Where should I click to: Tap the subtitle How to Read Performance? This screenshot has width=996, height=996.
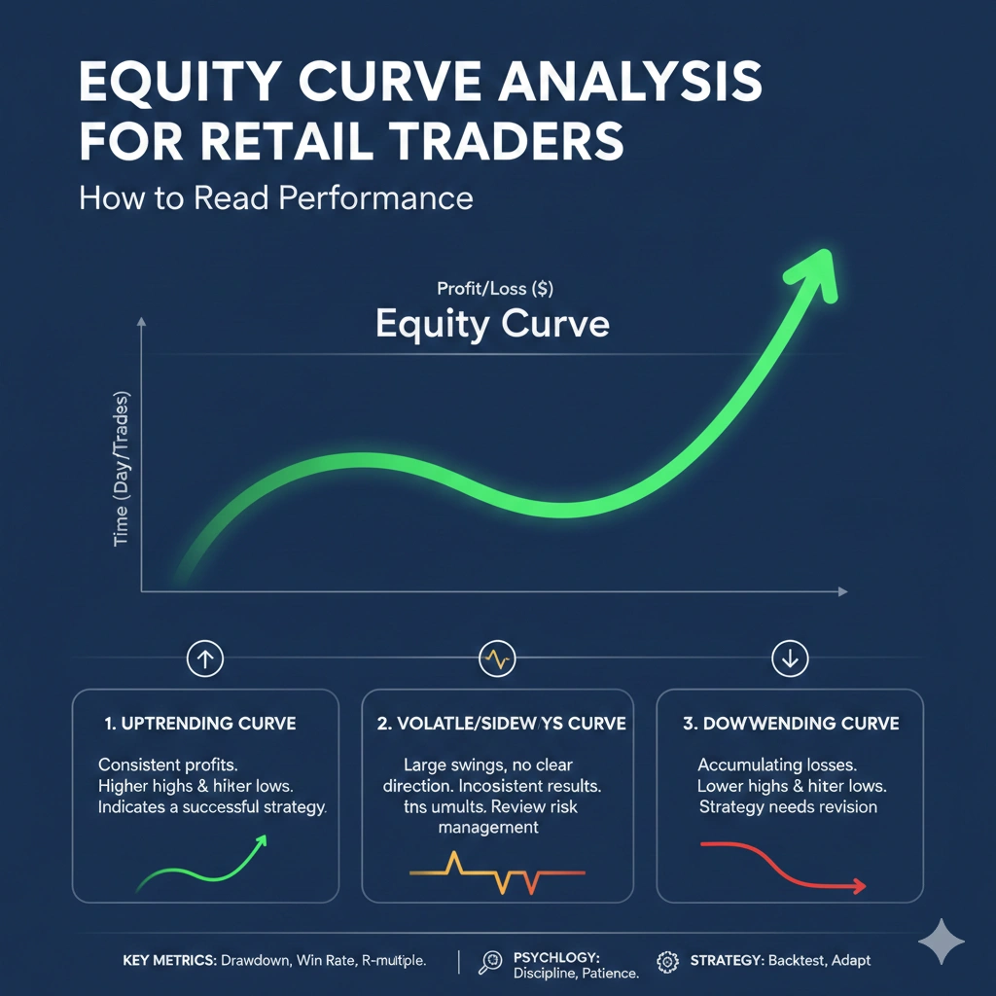pos(275,197)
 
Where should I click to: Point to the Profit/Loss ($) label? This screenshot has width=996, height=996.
pos(496,288)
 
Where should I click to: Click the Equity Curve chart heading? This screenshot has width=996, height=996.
pos(492,323)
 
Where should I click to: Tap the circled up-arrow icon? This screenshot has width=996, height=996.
pos(205,659)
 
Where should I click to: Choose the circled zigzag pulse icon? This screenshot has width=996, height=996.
pos(496,659)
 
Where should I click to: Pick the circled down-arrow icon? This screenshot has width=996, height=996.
pos(789,659)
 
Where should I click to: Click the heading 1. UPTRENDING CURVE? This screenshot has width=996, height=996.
pos(200,724)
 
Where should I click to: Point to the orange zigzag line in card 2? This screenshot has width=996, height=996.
pos(496,872)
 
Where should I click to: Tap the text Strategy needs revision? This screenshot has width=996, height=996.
pos(788,807)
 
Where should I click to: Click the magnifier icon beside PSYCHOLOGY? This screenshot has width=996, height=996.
pos(490,962)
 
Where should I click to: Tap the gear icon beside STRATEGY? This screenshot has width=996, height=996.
pos(667,962)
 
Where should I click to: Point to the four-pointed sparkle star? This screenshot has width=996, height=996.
pos(941,941)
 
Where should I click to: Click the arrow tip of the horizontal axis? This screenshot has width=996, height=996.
pos(844,591)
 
